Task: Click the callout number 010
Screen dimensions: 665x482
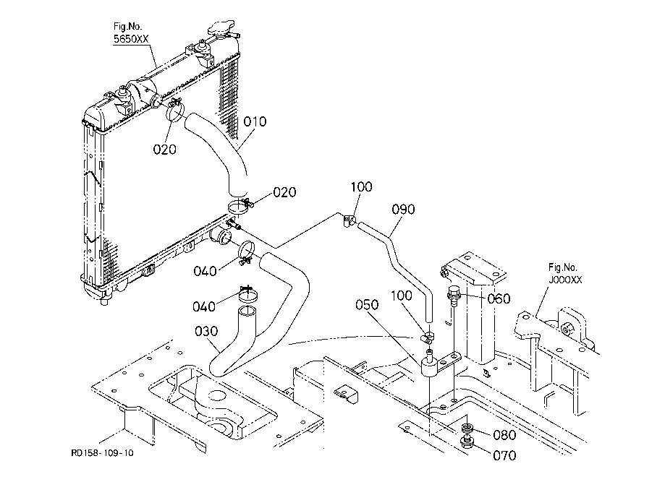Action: pos(255,121)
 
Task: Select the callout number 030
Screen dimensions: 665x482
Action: pos(206,331)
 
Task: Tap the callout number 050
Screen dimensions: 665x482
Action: pos(367,304)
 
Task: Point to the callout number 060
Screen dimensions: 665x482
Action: pos(499,298)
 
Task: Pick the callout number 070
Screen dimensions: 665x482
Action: pos(504,456)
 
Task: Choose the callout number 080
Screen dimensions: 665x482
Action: pos(504,435)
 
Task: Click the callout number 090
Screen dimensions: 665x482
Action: pos(403,210)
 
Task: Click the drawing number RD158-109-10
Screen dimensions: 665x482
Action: pos(102,453)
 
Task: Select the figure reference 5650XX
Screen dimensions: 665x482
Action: pos(131,39)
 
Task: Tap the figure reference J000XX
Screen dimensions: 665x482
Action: pos(565,280)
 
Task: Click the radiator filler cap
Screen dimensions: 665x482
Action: pos(221,29)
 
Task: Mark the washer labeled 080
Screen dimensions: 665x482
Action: pos(467,429)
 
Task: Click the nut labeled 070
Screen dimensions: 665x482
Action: pos(467,442)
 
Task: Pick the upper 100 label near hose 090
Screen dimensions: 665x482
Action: pos(361,186)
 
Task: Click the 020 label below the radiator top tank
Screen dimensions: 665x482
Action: pos(164,150)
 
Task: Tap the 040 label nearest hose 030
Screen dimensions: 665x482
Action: pos(204,306)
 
